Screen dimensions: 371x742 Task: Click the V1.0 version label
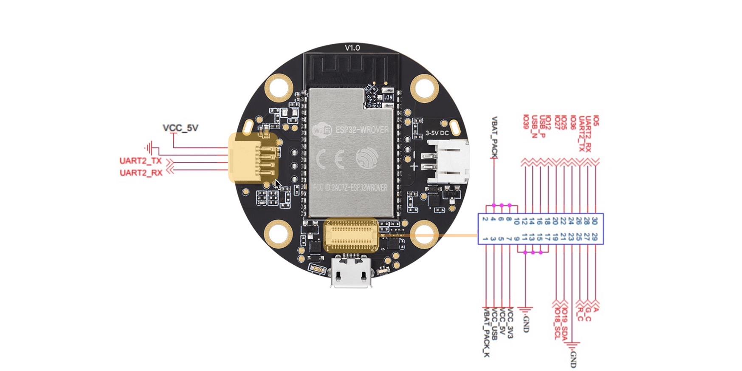[352, 48]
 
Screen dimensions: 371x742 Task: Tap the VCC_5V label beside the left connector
[180, 128]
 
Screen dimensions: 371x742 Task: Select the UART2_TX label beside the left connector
[141, 161]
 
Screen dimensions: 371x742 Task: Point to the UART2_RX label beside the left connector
[141, 173]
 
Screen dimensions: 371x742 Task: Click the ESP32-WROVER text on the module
[362, 130]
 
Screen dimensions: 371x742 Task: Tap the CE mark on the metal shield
[330, 159]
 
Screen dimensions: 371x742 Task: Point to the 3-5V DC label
[437, 133]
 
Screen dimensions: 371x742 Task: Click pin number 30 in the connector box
[595, 221]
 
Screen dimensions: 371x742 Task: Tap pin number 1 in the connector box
[485, 238]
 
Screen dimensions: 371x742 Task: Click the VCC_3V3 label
[510, 323]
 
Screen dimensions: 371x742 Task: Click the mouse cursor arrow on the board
[277, 185]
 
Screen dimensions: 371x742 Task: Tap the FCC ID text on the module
[350, 187]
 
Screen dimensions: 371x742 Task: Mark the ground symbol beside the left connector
[149, 148]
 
